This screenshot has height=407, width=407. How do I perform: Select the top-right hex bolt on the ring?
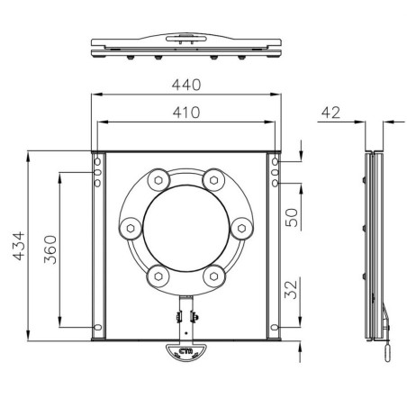213,179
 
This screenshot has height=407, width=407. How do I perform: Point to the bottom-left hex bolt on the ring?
159,275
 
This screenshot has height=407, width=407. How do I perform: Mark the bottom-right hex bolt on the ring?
213,275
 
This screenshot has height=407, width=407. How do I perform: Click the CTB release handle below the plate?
186,353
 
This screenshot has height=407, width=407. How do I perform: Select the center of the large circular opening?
186,227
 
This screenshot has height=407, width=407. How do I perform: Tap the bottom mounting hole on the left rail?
98,326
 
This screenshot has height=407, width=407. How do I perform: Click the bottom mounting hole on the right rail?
275,326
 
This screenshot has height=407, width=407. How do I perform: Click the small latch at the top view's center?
187,39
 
